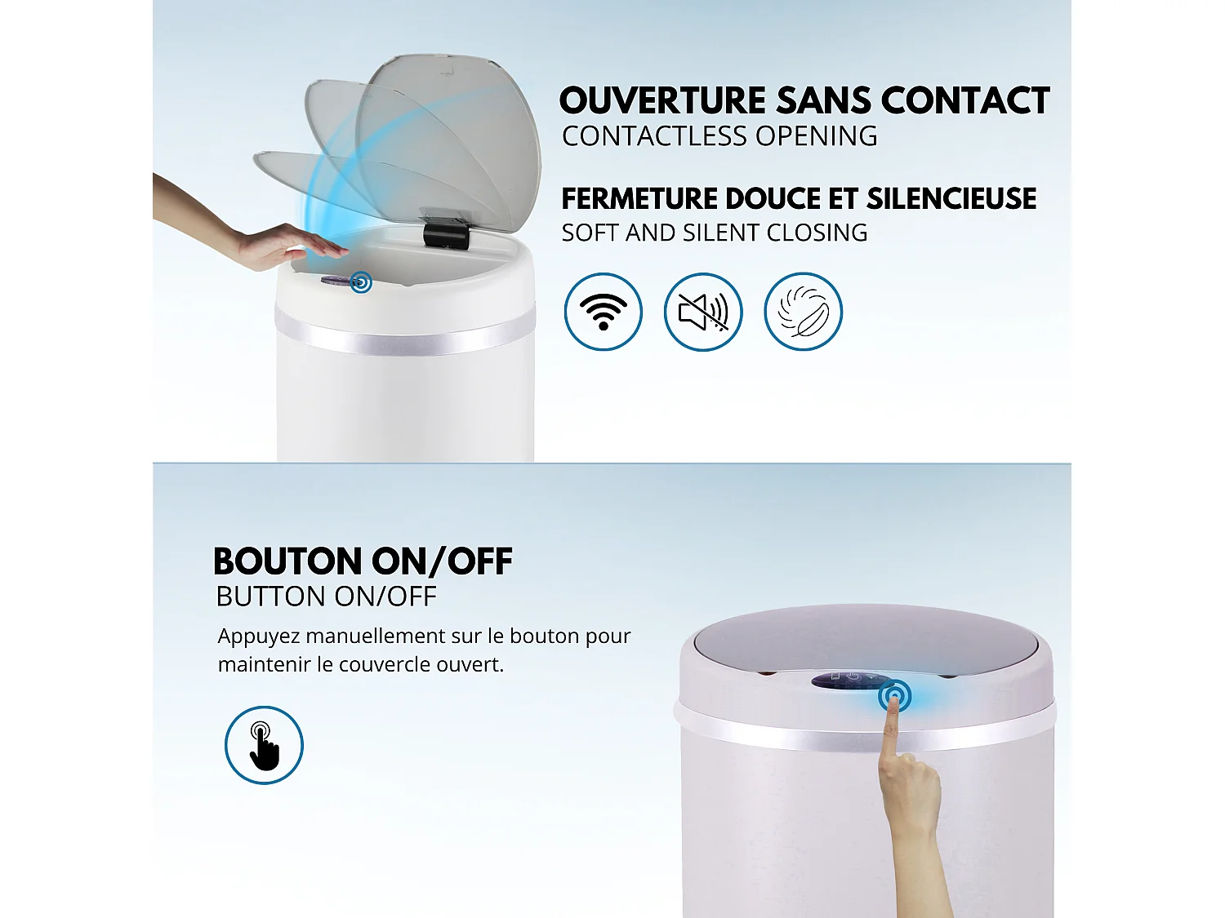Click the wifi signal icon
603,312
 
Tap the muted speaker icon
703,312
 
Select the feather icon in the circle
803,312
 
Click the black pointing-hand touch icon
264,745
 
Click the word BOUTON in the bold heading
287,562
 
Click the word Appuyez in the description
258,636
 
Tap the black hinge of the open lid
446,231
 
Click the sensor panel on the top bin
338,281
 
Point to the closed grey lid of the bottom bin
866,637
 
